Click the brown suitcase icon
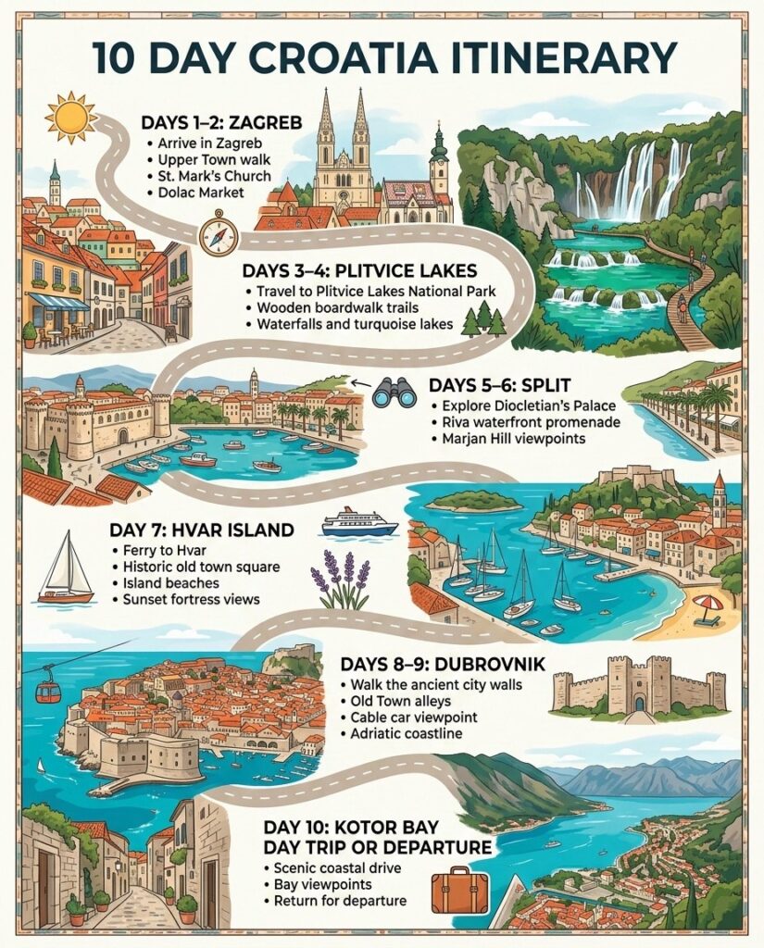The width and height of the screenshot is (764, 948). click(x=459, y=889)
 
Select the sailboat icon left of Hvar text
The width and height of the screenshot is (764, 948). click(x=66, y=569)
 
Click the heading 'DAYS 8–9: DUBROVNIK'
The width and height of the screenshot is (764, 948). click(x=442, y=665)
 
